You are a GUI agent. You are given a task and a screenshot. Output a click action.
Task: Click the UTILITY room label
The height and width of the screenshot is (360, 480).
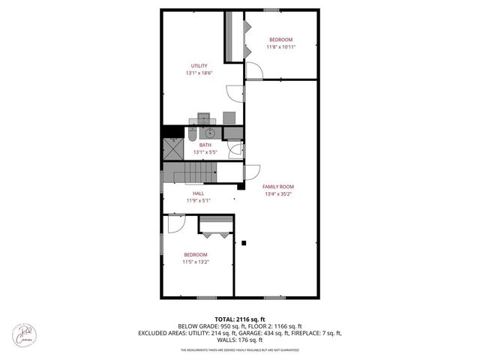(199, 66)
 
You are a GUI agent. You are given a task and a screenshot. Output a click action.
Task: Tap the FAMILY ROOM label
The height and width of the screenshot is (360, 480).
(277, 187)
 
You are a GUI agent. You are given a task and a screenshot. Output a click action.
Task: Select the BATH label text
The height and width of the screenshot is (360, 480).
(205, 145)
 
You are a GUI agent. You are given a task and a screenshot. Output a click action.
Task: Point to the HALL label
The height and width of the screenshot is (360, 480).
(198, 193)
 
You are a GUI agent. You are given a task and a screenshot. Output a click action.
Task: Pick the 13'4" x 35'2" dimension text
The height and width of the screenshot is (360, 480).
(278, 194)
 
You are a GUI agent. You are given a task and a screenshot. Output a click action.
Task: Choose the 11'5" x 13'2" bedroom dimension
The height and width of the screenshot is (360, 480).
(196, 262)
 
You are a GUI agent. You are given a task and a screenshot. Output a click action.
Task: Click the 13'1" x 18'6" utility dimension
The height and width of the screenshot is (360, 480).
(199, 73)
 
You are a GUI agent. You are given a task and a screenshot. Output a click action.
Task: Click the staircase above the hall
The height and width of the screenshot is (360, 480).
(194, 177)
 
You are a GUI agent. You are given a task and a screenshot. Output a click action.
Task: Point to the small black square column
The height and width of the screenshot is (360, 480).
(244, 241)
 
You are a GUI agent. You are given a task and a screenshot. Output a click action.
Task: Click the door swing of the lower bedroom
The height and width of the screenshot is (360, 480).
(177, 224)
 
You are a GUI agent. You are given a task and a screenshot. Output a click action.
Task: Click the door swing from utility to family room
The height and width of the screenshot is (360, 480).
(236, 92)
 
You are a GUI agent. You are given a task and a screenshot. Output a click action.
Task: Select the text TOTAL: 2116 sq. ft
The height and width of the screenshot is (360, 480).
(240, 319)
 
